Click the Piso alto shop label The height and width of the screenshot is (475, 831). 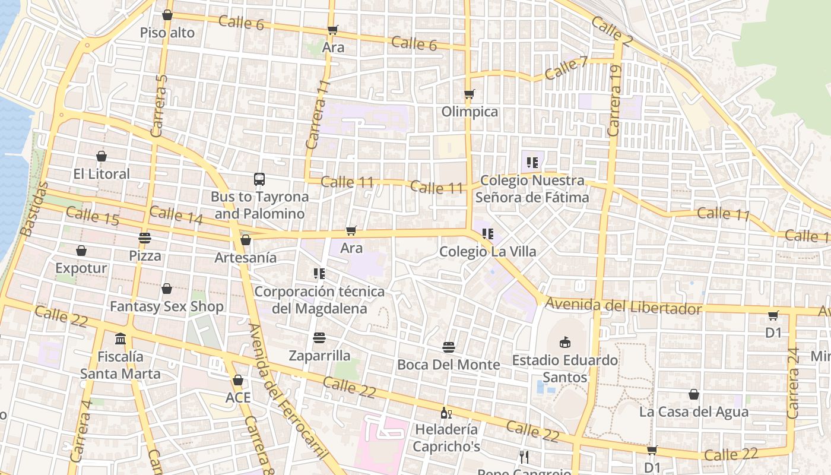(x=167, y=33)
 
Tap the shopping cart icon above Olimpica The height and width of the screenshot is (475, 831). (x=470, y=94)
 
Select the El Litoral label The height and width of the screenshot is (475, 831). (x=102, y=174)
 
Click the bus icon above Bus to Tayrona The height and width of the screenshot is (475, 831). (x=259, y=179)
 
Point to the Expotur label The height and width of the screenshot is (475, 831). (x=81, y=268)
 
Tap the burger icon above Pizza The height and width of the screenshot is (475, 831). (x=145, y=238)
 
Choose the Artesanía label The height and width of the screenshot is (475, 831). (x=246, y=258)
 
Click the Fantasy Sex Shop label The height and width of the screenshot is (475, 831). (x=167, y=306)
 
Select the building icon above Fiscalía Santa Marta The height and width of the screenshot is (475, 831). (x=120, y=338)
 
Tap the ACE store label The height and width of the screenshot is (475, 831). (x=238, y=398)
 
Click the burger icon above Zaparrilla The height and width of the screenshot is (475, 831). (x=319, y=338)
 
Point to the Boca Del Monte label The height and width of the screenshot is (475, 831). (x=449, y=365)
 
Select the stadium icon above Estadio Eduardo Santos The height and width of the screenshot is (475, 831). (x=565, y=342)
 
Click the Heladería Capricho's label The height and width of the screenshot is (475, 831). (x=446, y=438)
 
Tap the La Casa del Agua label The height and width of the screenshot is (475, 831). (x=694, y=411)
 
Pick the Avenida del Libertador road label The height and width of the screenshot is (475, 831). (x=623, y=306)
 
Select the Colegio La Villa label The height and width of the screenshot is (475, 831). (x=488, y=252)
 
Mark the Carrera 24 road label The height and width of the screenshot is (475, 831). (x=793, y=383)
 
